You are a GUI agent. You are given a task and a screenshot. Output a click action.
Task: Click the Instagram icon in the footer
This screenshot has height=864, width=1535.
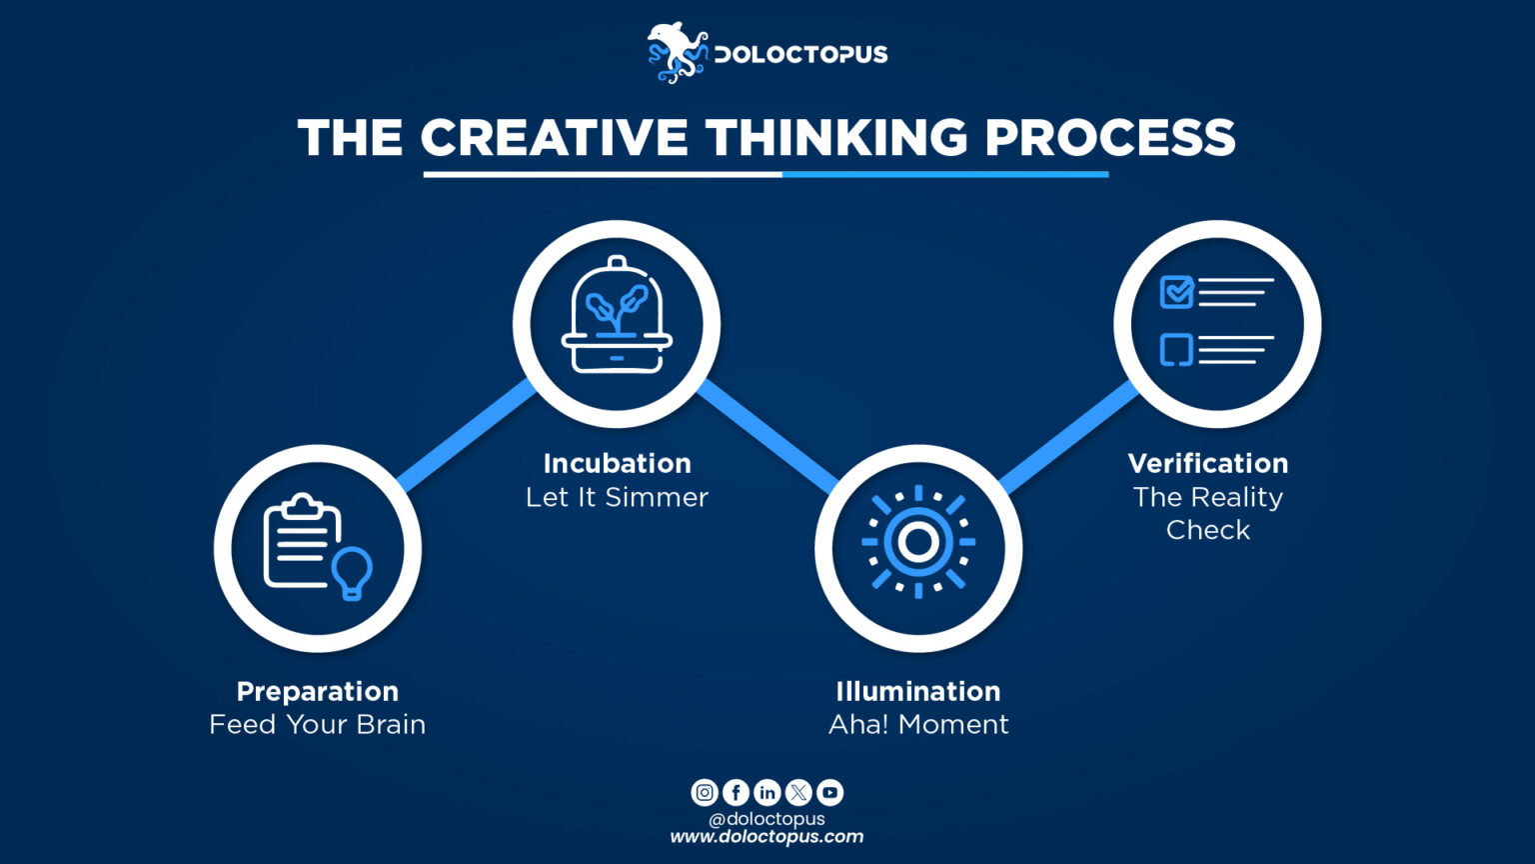coord(705,793)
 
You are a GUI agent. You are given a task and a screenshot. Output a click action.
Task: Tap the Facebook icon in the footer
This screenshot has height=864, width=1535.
coord(736,793)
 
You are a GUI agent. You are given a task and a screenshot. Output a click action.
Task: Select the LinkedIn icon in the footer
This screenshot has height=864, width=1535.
coord(767,793)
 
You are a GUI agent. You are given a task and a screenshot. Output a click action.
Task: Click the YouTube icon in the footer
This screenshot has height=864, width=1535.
coord(829,793)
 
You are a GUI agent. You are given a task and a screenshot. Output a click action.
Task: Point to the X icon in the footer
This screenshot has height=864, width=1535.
coord(798,793)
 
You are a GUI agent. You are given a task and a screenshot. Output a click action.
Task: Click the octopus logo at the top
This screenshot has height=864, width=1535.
coord(677,53)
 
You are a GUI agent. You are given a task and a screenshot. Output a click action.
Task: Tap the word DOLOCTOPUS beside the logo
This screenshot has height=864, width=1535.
coord(800,54)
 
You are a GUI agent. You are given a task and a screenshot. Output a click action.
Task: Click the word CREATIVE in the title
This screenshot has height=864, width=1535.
coord(554,138)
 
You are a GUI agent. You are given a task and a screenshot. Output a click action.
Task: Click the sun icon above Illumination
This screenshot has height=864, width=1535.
coord(917,542)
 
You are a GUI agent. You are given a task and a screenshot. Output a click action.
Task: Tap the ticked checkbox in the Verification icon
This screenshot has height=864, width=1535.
coord(1176,292)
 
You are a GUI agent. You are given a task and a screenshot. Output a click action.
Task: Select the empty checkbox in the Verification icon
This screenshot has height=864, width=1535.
coord(1176,349)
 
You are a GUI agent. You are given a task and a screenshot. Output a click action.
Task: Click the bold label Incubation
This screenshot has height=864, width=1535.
coord(617,463)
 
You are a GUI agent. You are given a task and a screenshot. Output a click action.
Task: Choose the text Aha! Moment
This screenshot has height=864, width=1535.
coord(918,724)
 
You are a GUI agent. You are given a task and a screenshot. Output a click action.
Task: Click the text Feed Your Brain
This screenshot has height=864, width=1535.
coord(317,724)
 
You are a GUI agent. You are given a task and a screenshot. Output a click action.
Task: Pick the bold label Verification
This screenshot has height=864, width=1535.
coord(1207,463)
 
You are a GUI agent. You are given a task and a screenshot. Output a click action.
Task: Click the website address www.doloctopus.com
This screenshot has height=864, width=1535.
coord(767,837)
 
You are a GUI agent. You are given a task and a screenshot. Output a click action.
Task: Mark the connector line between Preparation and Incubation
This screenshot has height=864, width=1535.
coord(468,436)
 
